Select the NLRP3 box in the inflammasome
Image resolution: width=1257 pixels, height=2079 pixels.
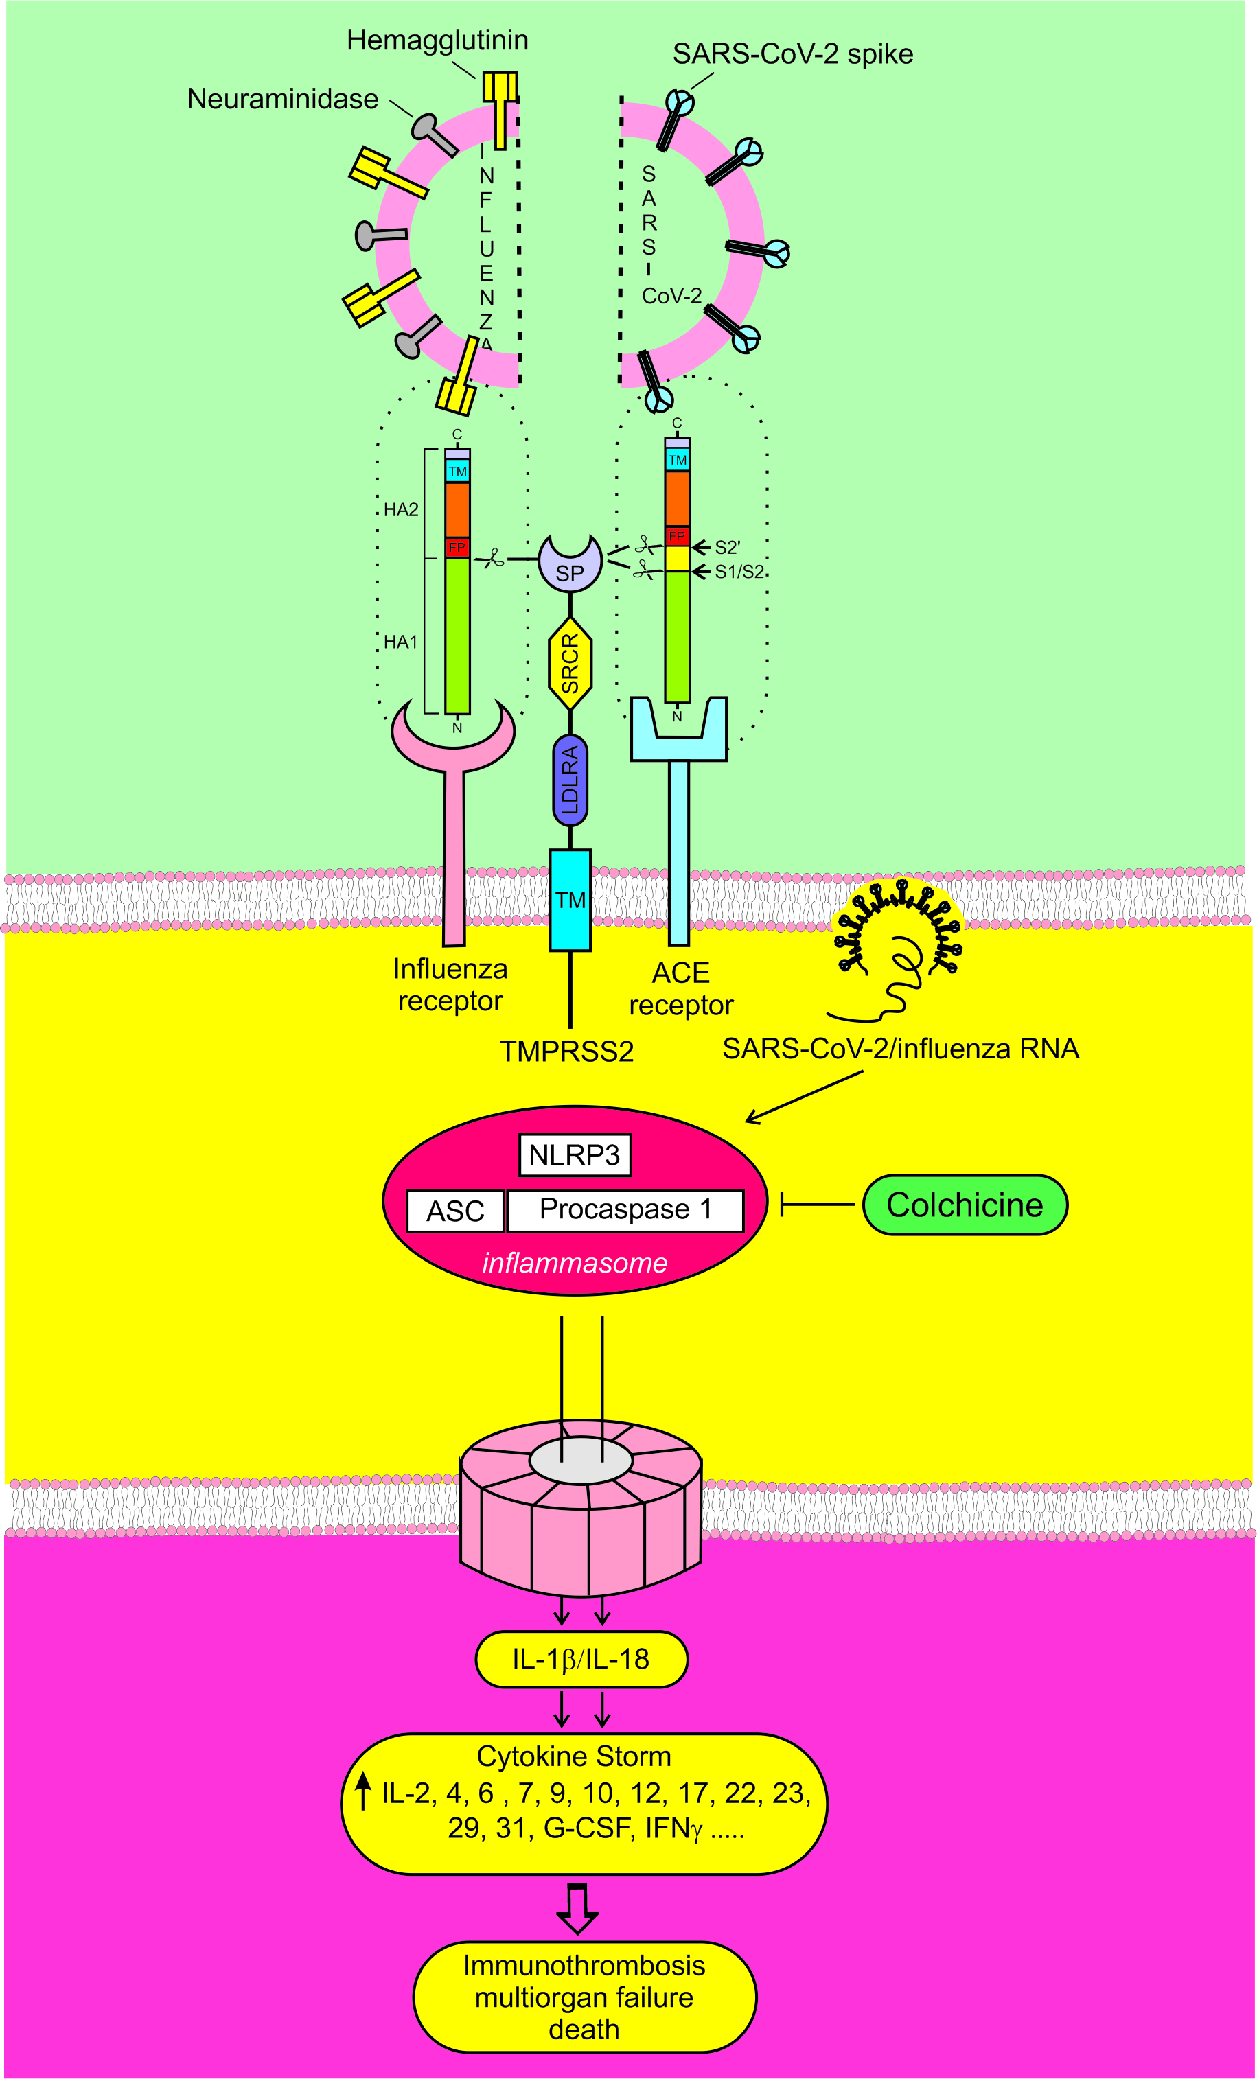574,1154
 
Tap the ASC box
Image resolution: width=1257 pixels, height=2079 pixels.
455,1211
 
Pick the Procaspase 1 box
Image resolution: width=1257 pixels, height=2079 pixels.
625,1209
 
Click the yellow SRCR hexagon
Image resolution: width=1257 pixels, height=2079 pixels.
570,663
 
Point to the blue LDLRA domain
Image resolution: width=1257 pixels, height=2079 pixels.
570,780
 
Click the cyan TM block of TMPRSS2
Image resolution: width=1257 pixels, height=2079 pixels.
570,899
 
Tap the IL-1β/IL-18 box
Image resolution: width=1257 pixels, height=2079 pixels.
581,1659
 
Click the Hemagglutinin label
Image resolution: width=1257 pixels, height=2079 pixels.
437,40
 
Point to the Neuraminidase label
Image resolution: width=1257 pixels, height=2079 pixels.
282,99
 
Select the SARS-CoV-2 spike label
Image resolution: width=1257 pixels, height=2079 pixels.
793,54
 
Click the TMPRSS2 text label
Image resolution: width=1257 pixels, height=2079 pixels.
566,1052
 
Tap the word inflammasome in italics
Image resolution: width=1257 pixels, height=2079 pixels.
574,1263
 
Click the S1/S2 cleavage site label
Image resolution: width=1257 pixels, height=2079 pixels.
739,572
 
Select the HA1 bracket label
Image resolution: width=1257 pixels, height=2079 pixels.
400,642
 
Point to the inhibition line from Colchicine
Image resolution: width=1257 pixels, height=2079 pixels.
817,1205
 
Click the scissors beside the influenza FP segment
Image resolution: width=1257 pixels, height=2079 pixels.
492,559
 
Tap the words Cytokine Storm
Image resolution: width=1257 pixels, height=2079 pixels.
574,1756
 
